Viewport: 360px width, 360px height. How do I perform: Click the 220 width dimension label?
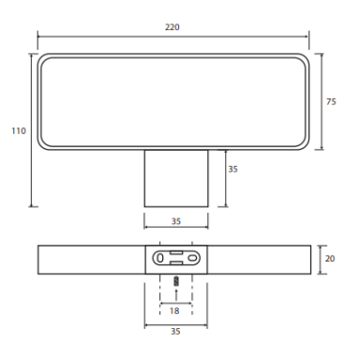[x=172, y=27]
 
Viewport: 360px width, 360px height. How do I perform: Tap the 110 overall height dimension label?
[x=19, y=130]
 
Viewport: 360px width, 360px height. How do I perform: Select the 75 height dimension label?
[x=331, y=101]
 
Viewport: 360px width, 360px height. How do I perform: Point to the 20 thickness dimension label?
[x=330, y=259]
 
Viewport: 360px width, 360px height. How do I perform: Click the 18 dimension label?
[x=174, y=311]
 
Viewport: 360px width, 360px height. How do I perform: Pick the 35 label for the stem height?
[x=232, y=169]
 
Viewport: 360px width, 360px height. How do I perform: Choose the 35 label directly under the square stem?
[x=176, y=221]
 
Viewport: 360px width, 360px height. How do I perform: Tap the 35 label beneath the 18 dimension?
[x=175, y=331]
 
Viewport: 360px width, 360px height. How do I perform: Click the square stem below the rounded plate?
[x=176, y=178]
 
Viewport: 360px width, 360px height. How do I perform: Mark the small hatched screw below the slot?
[x=176, y=281]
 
